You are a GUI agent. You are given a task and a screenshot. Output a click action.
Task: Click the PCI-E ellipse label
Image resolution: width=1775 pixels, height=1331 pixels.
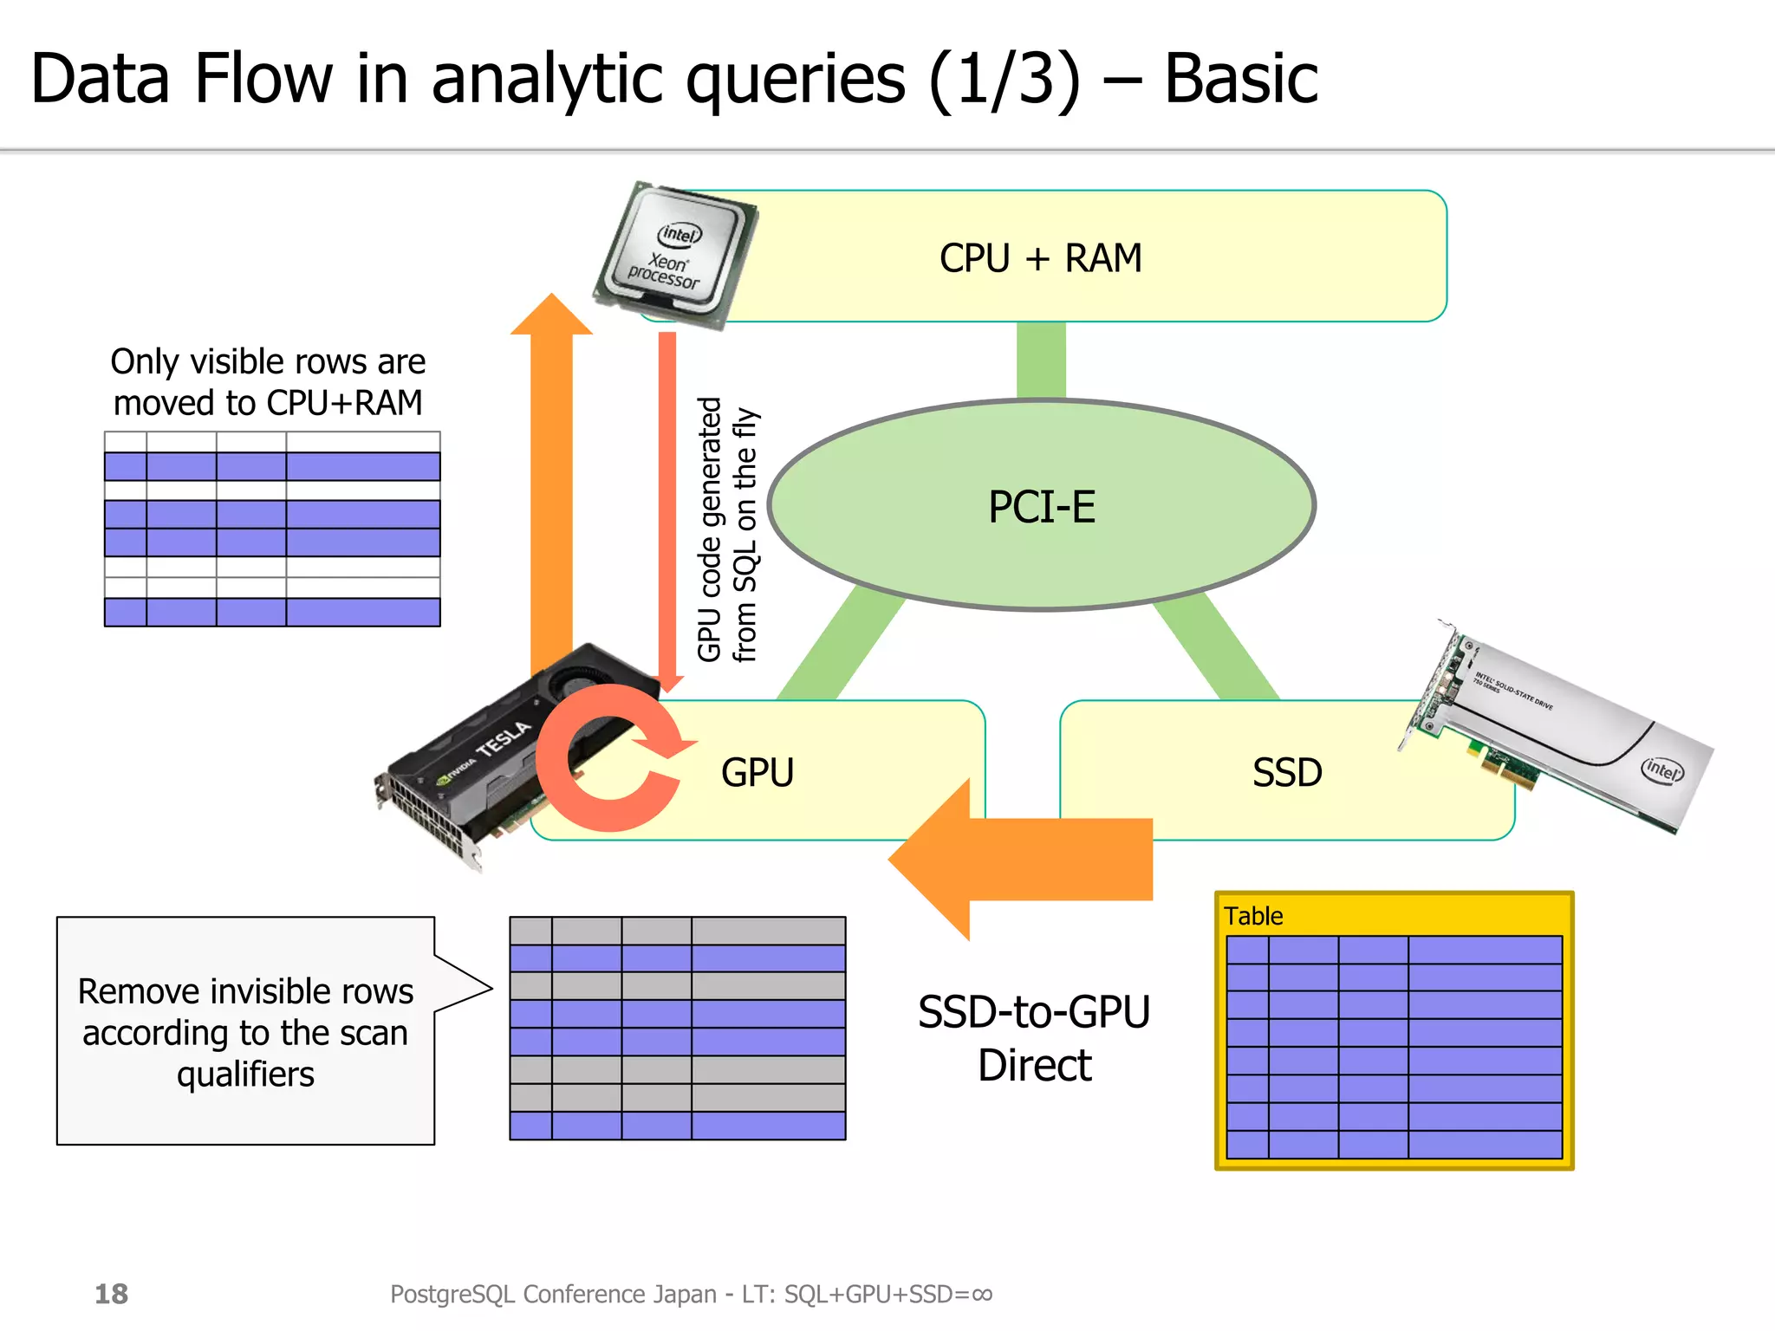pos(1042,507)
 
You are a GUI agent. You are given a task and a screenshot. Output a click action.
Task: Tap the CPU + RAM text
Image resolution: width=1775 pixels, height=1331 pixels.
pos(1040,258)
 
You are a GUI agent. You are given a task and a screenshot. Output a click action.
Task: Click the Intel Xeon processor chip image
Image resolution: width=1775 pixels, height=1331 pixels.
pos(676,255)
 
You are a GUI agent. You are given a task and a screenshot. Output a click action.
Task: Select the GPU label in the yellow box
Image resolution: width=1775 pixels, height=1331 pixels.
pos(757,772)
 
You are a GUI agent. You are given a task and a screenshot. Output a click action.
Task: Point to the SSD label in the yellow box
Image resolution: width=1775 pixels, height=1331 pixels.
pos(1287,772)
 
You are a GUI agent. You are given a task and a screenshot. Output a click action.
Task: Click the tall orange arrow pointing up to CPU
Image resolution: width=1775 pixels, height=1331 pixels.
pos(551,485)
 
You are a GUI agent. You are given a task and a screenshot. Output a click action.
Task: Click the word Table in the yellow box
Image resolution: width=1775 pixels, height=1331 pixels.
pos(1253,916)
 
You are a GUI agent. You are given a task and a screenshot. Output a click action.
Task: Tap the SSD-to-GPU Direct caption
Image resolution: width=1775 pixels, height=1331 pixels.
pos(1034,1038)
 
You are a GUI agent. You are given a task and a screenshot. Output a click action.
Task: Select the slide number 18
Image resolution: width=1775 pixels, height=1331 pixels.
pos(111,1294)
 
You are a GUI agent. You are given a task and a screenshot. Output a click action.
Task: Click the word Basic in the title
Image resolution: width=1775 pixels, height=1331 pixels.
pos(1239,80)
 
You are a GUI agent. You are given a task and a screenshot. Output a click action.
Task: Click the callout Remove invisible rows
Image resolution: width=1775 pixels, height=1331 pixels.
pos(245,1031)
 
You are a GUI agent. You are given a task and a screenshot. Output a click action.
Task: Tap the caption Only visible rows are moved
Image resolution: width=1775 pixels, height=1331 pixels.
pos(268,382)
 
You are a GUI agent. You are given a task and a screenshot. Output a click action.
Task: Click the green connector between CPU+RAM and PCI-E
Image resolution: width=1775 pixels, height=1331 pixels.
pos(1041,360)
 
